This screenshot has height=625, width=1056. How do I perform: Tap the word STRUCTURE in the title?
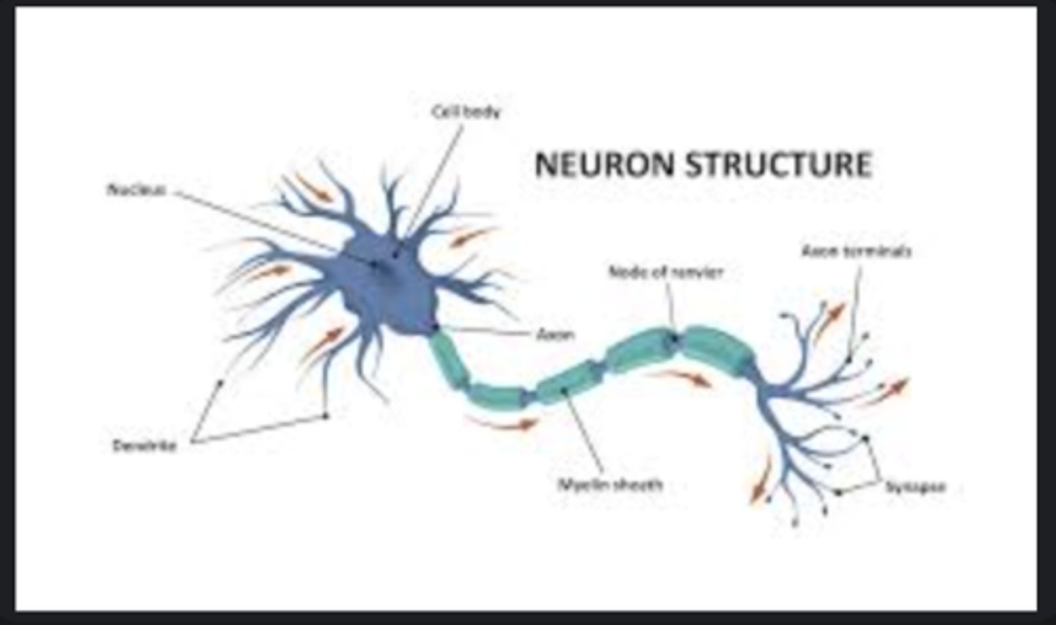[779, 164]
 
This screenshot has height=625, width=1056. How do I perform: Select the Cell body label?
[466, 112]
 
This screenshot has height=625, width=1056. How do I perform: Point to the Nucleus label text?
[136, 190]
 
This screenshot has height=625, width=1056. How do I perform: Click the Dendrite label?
[144, 445]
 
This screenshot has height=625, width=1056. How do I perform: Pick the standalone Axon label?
[555, 335]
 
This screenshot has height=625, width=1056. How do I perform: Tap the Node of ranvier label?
[666, 272]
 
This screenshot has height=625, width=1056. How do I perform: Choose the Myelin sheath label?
[610, 484]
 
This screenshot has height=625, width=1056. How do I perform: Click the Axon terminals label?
[856, 251]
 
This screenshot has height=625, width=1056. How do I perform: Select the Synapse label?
[915, 486]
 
